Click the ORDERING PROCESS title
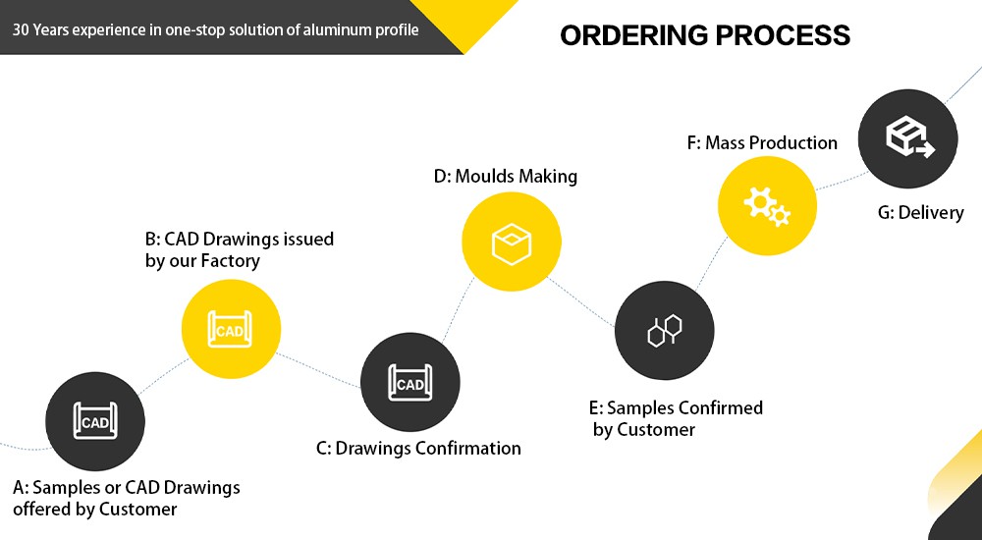pos(704,35)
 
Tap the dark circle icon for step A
pos(95,422)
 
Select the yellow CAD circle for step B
pos(231,330)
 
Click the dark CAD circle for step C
pos(409,383)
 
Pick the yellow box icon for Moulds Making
pos(512,242)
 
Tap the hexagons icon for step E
pos(664,330)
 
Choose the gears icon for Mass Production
pos(767,205)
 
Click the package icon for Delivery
pos(907,138)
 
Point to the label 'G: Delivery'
pos(921,212)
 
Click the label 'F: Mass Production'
pos(762,143)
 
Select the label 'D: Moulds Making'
pos(506,177)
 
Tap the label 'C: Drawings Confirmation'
pos(418,449)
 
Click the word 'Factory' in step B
pos(231,261)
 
